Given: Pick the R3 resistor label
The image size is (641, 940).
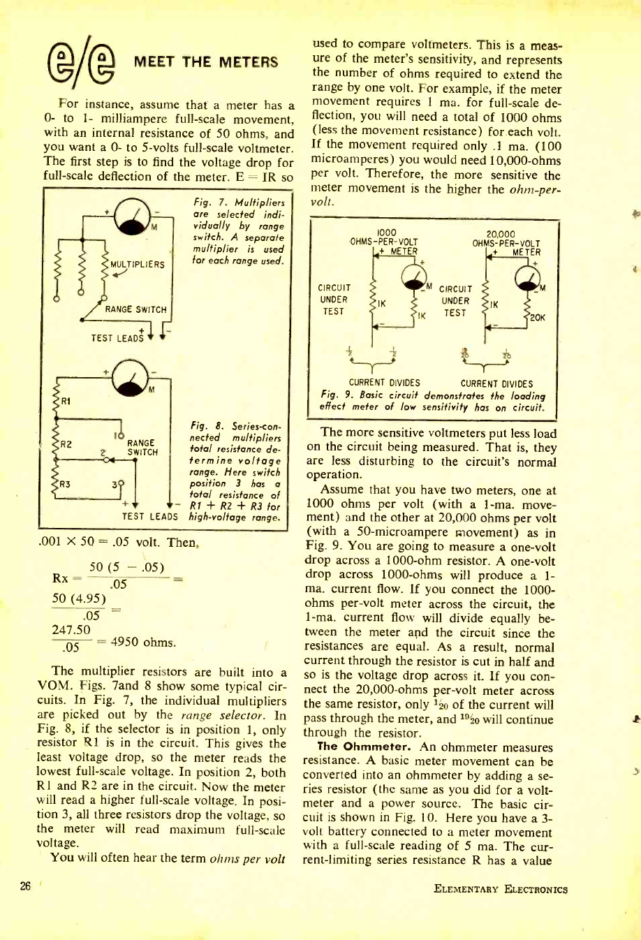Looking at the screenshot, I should pos(64,482).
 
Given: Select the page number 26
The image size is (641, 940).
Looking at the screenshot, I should pos(26,887).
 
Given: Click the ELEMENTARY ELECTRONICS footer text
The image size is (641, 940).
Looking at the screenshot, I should pos(500,889).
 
